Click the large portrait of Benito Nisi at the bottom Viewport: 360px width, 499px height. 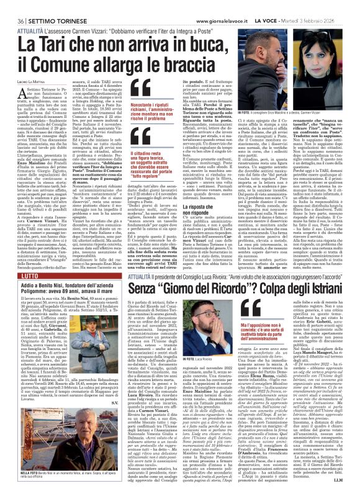pos(62,444)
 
